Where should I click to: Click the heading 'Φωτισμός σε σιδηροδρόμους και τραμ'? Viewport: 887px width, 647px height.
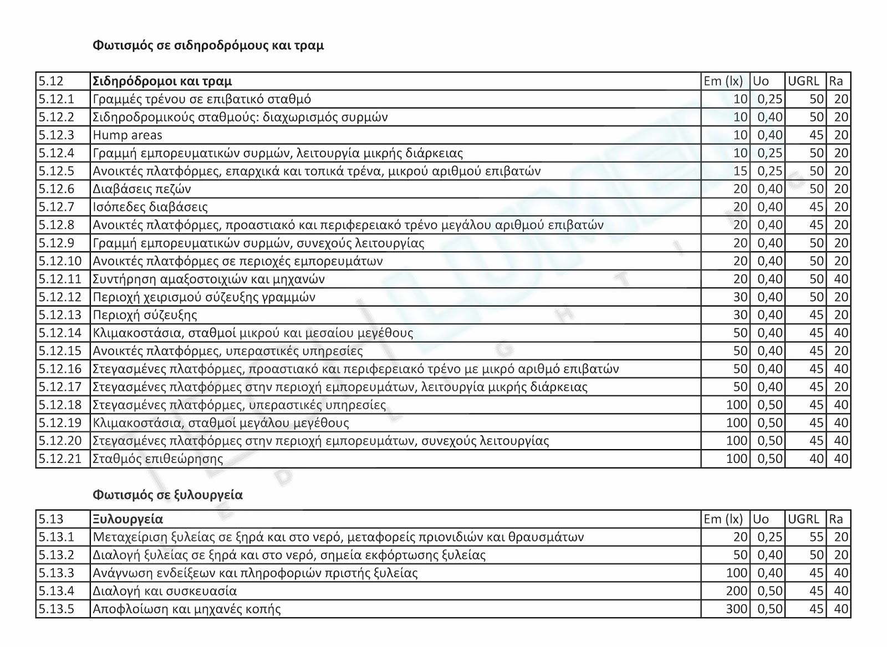[x=208, y=45]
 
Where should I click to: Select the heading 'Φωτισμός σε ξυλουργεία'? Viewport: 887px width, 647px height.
[x=167, y=495]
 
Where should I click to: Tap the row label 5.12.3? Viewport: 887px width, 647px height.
[x=56, y=135]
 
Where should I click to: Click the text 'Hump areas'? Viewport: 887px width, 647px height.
[x=128, y=135]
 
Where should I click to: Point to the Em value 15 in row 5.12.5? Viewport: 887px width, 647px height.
[x=741, y=171]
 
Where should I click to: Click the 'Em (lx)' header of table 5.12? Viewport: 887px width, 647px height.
[x=723, y=81]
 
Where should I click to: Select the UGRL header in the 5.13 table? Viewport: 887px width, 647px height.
[x=803, y=519]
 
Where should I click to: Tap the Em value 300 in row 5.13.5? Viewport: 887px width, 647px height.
[x=737, y=609]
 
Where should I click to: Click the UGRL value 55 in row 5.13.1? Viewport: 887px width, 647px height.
[x=817, y=537]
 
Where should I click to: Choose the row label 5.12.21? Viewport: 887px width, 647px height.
[x=60, y=459]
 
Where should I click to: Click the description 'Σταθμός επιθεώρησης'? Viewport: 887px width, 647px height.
[x=158, y=459]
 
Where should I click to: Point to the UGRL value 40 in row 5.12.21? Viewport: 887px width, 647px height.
[x=817, y=459]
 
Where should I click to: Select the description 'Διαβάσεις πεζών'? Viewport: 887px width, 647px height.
[x=142, y=189]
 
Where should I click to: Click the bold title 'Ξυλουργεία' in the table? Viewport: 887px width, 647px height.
[x=128, y=519]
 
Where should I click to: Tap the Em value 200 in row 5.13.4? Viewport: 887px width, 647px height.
[x=737, y=591]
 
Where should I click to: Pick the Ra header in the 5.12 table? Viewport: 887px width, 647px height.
[x=836, y=81]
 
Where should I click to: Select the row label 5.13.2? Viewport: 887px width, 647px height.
[x=56, y=555]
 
